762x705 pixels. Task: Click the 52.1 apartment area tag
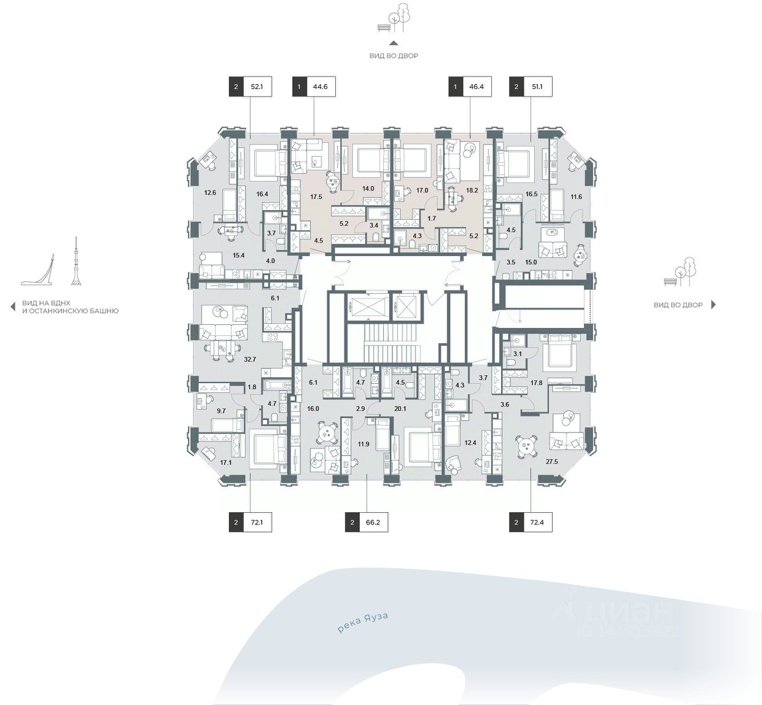(x=250, y=87)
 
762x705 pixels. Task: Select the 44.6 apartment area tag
(x=314, y=87)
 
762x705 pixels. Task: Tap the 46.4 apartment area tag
(x=470, y=87)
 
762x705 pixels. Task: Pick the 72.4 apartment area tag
(x=531, y=523)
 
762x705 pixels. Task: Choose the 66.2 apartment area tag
(x=367, y=523)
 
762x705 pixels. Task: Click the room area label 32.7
(x=250, y=360)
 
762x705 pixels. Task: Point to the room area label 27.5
(x=552, y=462)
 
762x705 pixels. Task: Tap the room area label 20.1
(x=400, y=409)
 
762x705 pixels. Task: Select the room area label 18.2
(x=472, y=190)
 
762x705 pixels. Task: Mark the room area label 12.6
(x=210, y=193)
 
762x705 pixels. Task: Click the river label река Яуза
(x=363, y=623)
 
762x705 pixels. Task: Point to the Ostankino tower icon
(x=76, y=262)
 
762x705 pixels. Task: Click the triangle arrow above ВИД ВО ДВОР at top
(x=394, y=43)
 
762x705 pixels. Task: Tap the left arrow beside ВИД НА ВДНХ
(x=13, y=306)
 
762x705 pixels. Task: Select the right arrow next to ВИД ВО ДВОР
(x=713, y=305)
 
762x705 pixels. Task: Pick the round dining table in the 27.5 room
(x=524, y=446)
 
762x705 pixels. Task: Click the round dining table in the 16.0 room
(x=327, y=434)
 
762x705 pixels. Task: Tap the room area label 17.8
(x=537, y=383)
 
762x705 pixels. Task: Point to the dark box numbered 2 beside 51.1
(x=516, y=87)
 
